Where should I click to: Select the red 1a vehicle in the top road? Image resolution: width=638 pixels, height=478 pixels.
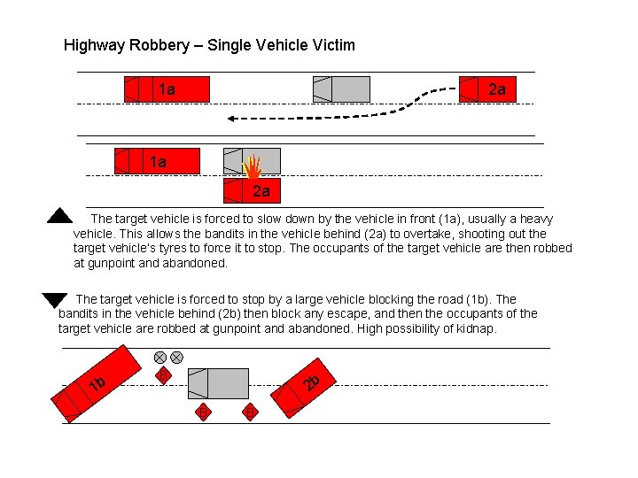click(x=167, y=89)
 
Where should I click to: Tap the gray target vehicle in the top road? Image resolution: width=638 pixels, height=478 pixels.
click(x=341, y=89)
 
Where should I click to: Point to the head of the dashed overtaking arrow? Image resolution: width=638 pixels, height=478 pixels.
click(x=229, y=117)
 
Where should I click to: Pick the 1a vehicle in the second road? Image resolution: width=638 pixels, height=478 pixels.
click(x=158, y=161)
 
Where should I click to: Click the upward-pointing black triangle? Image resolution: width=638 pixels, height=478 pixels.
click(x=58, y=215)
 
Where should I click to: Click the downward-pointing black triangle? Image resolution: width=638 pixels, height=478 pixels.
click(x=55, y=299)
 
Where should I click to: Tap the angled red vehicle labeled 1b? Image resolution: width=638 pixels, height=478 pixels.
click(x=99, y=383)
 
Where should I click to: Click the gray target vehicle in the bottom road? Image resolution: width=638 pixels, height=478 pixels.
click(x=219, y=383)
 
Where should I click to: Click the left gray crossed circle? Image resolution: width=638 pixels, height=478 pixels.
click(x=160, y=358)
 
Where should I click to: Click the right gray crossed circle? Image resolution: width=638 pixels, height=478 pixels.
click(x=177, y=358)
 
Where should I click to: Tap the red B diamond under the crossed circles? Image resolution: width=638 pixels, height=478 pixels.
click(x=162, y=376)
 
